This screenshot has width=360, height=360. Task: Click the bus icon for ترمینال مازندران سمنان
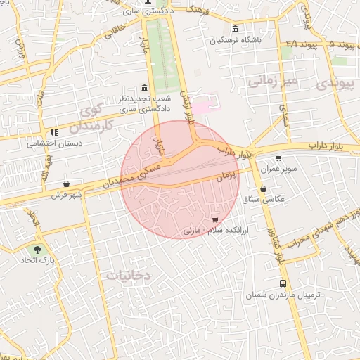[283, 284]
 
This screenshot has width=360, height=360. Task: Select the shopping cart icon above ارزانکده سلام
[224, 221]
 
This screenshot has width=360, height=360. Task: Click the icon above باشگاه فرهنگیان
[234, 30]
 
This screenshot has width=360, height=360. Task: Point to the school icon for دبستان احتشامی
[53, 132]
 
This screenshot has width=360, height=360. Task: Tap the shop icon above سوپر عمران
[279, 158]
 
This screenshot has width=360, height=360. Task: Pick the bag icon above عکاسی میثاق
[263, 188]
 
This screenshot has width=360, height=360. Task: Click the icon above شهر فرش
[66, 184]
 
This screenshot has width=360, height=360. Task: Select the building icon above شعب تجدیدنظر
[145, 89]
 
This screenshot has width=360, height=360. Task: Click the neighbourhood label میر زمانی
[272, 82]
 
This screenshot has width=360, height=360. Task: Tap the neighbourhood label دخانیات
[129, 276]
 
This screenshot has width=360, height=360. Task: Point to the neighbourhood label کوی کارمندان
[97, 119]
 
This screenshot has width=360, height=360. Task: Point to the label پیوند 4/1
[302, 44]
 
